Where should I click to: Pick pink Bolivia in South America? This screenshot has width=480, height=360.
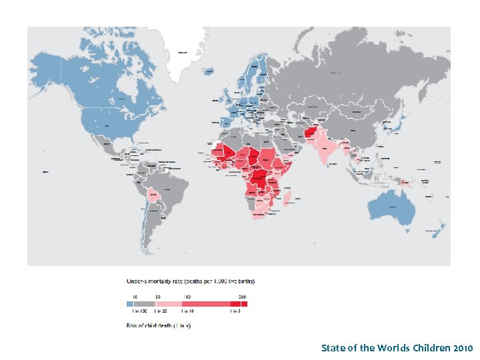(x=155, y=195)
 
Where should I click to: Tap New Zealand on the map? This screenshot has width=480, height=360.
(x=438, y=230)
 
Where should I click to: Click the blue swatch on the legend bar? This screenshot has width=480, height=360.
(x=130, y=303)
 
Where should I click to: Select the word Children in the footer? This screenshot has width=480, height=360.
(x=425, y=348)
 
